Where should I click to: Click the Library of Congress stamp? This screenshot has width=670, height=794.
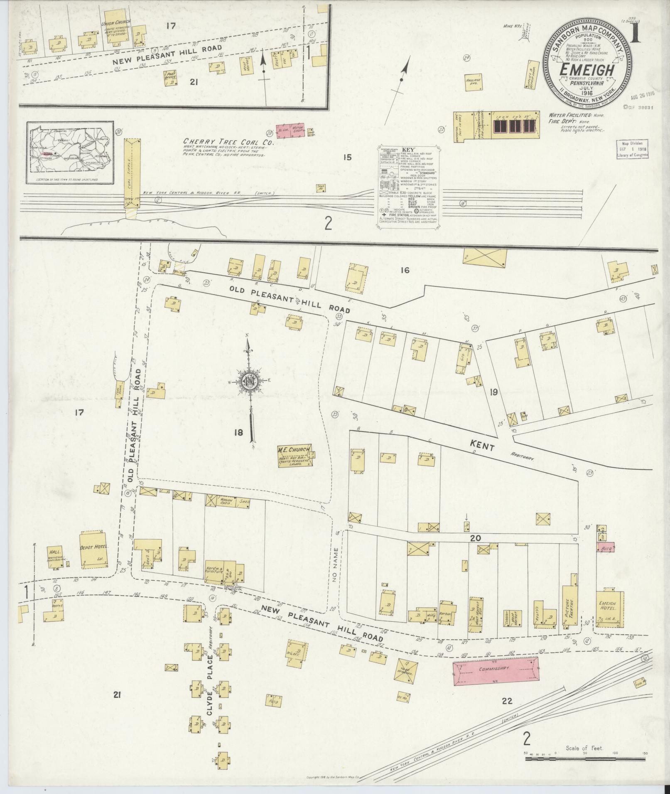tap(632, 149)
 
